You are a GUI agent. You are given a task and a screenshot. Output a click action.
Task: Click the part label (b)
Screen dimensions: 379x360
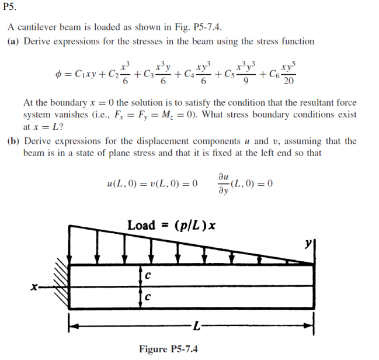coord(13,141)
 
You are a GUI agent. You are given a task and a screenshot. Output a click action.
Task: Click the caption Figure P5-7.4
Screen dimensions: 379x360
coord(168,349)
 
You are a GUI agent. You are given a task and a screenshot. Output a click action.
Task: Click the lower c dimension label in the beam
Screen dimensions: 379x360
coord(148,297)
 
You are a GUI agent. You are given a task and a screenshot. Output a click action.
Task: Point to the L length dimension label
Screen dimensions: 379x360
coord(197,324)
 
